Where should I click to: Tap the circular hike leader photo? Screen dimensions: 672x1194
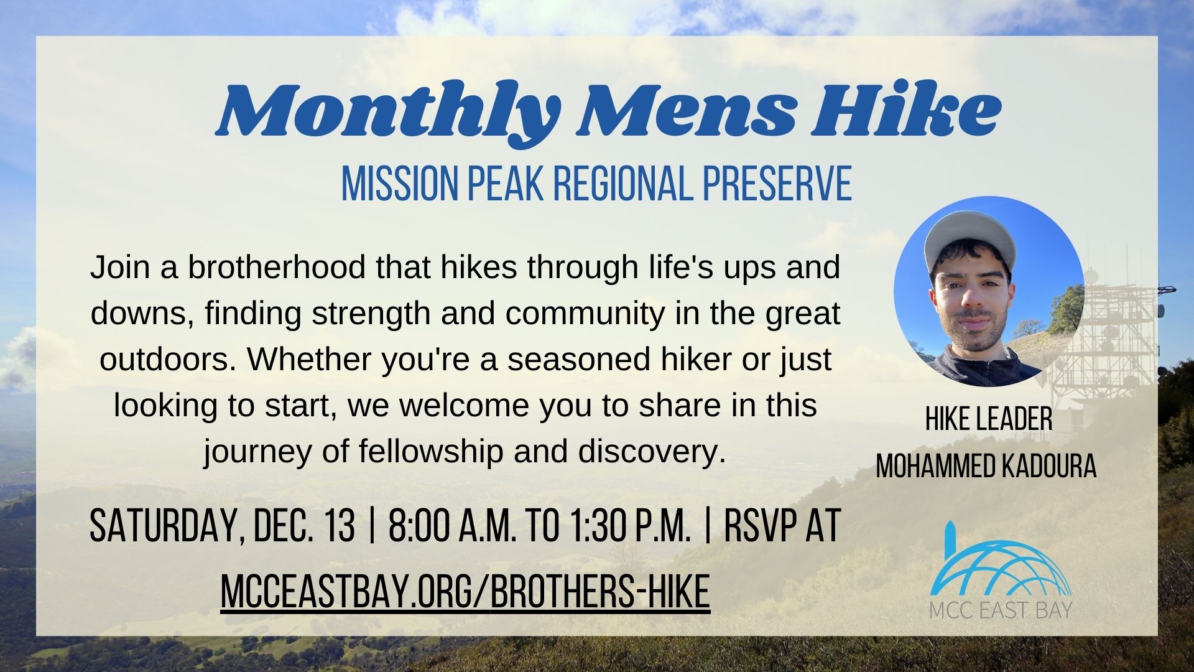click(x=988, y=292)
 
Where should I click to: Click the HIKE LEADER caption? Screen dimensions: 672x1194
click(x=988, y=419)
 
